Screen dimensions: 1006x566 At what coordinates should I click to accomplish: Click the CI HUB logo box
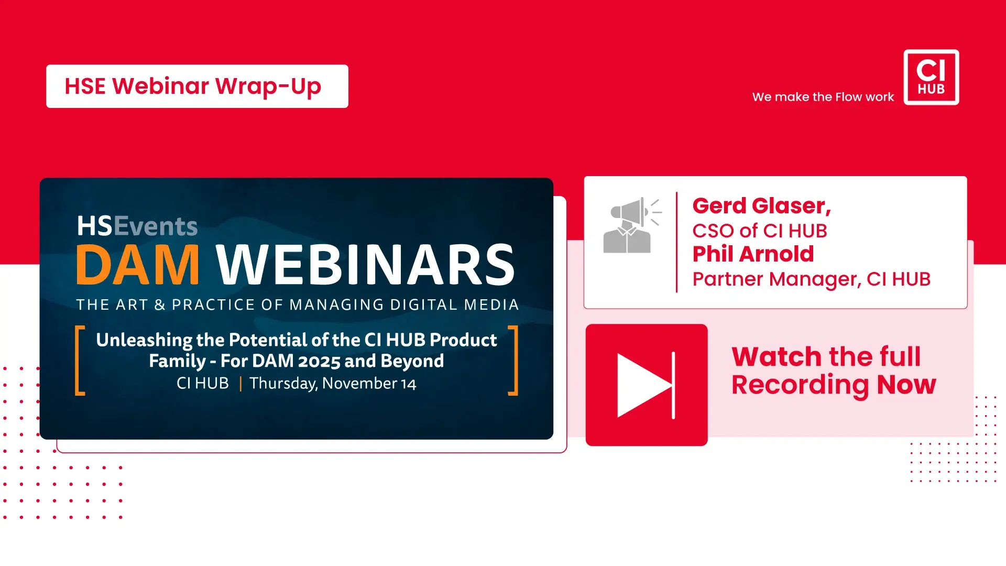coord(931,77)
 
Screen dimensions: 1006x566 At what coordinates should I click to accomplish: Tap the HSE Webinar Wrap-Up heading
coord(193,86)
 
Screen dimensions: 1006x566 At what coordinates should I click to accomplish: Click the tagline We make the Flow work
coord(823,97)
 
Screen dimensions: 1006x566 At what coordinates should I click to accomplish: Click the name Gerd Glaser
coord(761,206)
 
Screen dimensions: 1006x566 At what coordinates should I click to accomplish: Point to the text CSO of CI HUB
coord(760,231)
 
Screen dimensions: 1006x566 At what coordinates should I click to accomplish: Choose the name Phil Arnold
coord(753,254)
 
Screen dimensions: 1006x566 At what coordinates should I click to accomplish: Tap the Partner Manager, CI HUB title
coord(812,279)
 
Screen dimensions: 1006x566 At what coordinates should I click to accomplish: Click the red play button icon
coord(647,385)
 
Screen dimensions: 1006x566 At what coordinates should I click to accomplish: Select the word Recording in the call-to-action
coord(800,385)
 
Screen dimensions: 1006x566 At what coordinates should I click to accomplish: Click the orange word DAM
coord(138,265)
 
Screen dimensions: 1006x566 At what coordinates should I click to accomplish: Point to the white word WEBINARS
coord(366,265)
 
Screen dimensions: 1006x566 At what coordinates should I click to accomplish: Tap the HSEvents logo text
coord(137,226)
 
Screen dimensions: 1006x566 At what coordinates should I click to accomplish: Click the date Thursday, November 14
coord(333,384)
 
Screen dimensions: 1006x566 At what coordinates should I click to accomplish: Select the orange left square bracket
coord(80,360)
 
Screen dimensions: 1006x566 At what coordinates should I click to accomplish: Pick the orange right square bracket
coord(513,360)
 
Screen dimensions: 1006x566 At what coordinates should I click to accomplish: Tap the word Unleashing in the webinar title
coord(144,340)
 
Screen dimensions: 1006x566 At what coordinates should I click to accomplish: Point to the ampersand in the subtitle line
coord(160,305)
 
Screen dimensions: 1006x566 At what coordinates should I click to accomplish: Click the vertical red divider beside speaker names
coord(676,242)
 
